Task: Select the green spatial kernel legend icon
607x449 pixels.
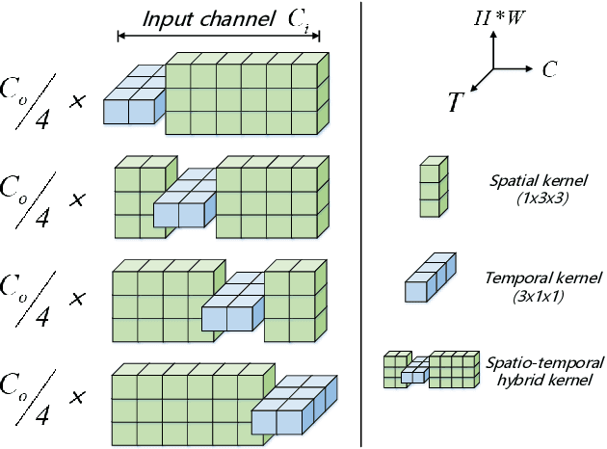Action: pos(432,190)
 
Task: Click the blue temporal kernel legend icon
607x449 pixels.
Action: pos(429,279)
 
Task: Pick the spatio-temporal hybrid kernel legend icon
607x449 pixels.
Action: pos(430,369)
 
